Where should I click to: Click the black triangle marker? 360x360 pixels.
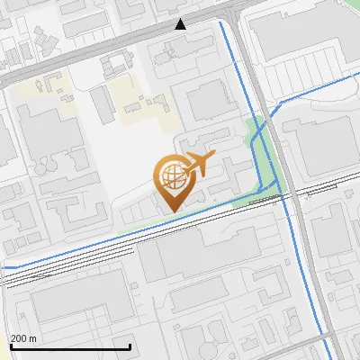pyautogui.click(x=181, y=23)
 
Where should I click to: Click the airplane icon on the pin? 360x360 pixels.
pyautogui.click(x=198, y=165)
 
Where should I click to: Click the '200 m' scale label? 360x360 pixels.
pyautogui.click(x=23, y=338)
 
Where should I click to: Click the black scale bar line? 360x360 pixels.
pyautogui.click(x=70, y=346)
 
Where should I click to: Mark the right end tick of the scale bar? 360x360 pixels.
pyautogui.click(x=130, y=346)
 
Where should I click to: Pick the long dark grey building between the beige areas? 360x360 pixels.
pyautogui.click(x=102, y=103)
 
